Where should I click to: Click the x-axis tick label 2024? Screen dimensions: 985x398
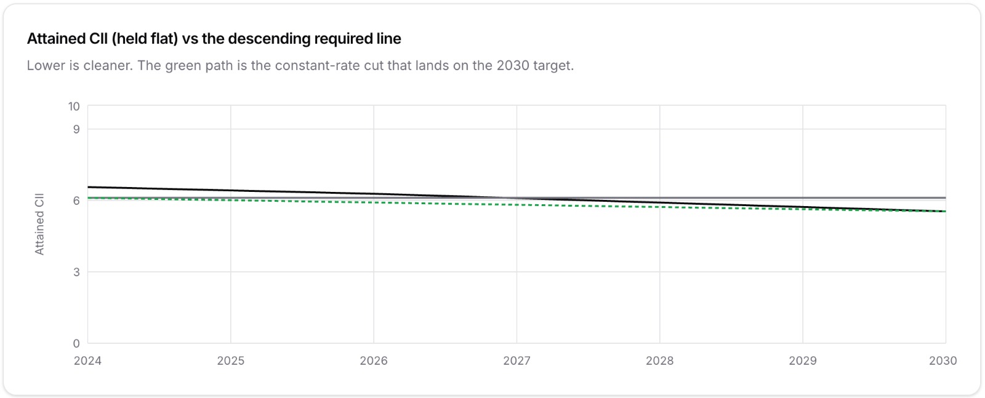(x=87, y=360)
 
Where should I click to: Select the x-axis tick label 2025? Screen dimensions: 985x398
(x=231, y=360)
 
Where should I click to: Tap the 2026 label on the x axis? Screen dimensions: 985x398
(x=374, y=360)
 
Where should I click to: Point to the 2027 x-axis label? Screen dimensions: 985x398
(x=517, y=360)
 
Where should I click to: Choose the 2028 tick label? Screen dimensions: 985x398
(x=659, y=360)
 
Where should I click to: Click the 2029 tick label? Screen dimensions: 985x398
(x=803, y=360)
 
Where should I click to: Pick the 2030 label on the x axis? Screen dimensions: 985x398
(x=943, y=360)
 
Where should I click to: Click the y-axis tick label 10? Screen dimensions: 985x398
(x=74, y=106)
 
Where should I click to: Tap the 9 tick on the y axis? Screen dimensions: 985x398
(x=76, y=129)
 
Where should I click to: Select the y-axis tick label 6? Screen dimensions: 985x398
(x=76, y=201)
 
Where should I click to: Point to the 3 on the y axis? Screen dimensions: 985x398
(x=76, y=273)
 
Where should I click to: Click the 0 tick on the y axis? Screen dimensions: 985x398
(x=76, y=343)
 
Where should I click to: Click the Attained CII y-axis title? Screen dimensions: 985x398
(x=39, y=224)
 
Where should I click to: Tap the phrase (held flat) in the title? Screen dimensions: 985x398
(x=145, y=39)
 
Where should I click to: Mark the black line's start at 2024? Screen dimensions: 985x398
(x=88, y=187)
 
